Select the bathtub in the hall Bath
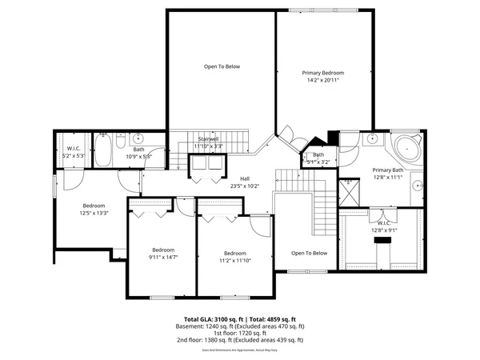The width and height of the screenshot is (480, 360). coord(104,149)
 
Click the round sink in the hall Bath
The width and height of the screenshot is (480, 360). coord(138,137)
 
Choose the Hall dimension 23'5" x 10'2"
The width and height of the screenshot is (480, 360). coord(245,186)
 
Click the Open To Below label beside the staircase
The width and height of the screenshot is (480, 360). coord(309,253)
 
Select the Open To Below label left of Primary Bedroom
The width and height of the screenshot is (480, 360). coord(222,66)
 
